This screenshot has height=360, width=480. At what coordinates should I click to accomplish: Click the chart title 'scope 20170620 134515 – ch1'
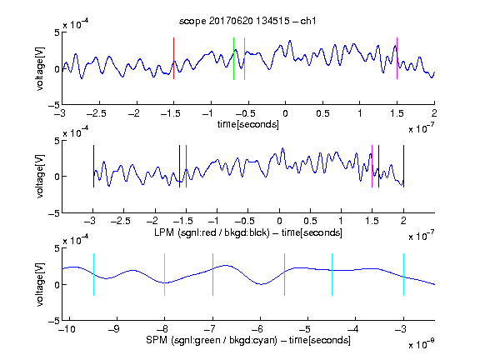tap(247, 21)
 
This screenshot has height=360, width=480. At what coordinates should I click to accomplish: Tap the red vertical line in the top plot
tap(173, 58)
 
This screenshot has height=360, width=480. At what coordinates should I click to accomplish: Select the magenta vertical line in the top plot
tap(397, 58)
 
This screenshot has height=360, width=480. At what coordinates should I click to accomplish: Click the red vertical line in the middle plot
tap(186, 166)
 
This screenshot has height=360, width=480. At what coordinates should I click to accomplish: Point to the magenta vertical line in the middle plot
tap(372, 166)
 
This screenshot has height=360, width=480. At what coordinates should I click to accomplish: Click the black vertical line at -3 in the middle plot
tap(93, 166)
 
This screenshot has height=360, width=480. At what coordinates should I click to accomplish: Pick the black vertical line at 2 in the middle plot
tap(403, 166)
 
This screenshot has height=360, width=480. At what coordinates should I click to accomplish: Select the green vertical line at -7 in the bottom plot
tap(212, 275)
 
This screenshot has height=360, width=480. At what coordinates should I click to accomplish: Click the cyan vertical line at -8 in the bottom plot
tap(165, 275)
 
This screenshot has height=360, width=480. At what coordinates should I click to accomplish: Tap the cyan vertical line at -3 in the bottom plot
tap(403, 275)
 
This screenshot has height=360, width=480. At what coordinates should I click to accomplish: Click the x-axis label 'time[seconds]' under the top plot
tap(248, 125)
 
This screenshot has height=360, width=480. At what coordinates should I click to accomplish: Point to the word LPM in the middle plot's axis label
tap(164, 232)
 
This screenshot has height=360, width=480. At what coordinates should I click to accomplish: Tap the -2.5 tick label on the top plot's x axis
tap(97, 113)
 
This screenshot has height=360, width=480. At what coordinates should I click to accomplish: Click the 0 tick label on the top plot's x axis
tap(285, 113)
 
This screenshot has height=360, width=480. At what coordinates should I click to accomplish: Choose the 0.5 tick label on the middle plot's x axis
tap(310, 221)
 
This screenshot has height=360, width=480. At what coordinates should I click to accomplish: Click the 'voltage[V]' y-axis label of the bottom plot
tap(40, 284)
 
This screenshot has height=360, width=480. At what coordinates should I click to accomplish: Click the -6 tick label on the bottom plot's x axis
tap(259, 329)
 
